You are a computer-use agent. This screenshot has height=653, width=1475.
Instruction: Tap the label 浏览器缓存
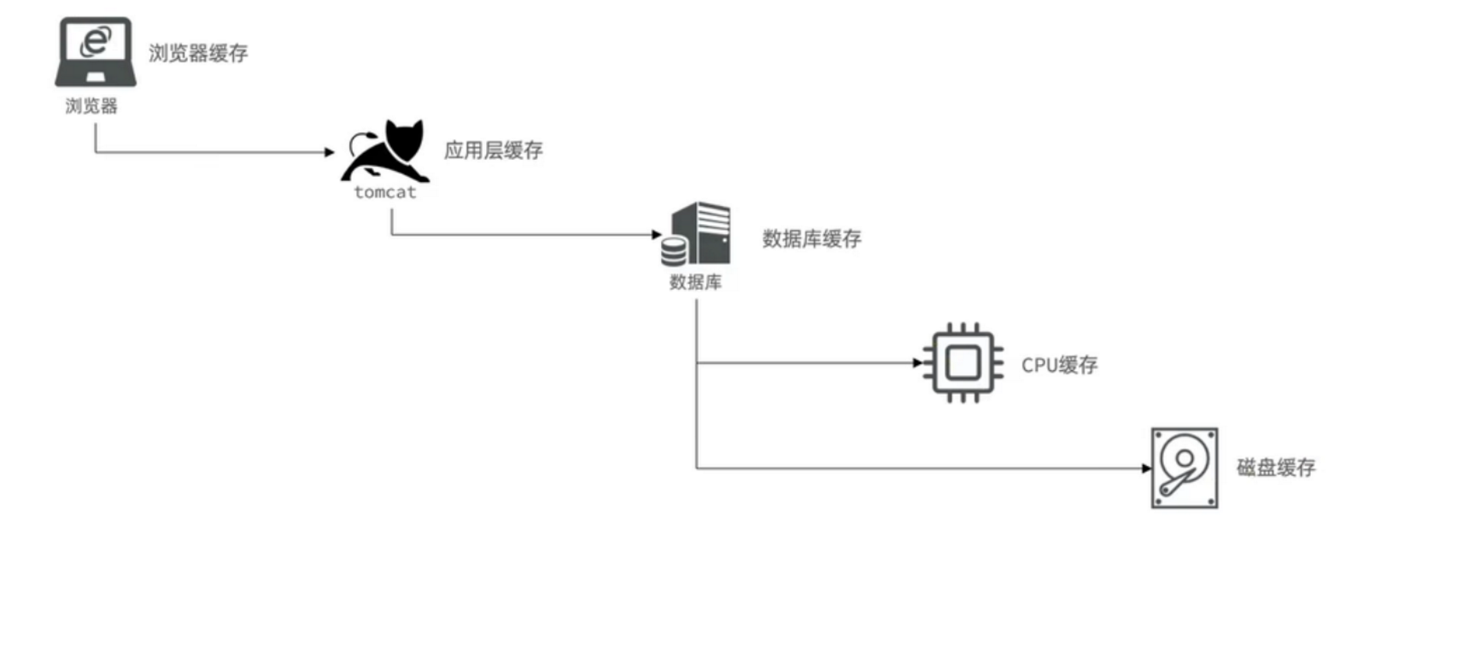(x=198, y=53)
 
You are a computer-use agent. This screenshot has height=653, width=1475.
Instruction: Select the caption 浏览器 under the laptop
(x=91, y=106)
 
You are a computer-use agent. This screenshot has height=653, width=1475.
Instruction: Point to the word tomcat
(x=385, y=192)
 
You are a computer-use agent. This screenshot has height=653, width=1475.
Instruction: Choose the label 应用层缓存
(x=493, y=150)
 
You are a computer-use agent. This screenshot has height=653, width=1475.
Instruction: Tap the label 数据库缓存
(x=811, y=238)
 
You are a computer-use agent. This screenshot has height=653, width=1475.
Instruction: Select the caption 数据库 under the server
(x=695, y=282)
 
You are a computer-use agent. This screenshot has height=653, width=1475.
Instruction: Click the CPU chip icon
(x=963, y=363)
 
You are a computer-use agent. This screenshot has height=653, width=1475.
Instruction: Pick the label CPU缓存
(x=1059, y=365)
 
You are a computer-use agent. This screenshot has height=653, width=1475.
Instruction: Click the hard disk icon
(x=1184, y=468)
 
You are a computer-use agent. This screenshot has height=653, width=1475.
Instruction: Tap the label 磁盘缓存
(x=1275, y=468)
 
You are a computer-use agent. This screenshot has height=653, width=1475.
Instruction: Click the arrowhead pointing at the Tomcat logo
(x=330, y=152)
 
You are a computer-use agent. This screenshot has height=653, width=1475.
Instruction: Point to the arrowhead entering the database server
(x=656, y=234)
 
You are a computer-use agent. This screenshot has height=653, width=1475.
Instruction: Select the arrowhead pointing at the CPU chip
(x=917, y=362)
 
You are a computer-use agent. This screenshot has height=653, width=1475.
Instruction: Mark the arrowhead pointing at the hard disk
(x=1146, y=468)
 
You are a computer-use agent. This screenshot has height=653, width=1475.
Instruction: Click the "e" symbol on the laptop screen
(x=96, y=41)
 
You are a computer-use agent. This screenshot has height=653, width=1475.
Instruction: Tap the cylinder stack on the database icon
(x=674, y=250)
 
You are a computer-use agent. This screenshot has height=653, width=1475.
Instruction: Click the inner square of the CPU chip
(x=963, y=363)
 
